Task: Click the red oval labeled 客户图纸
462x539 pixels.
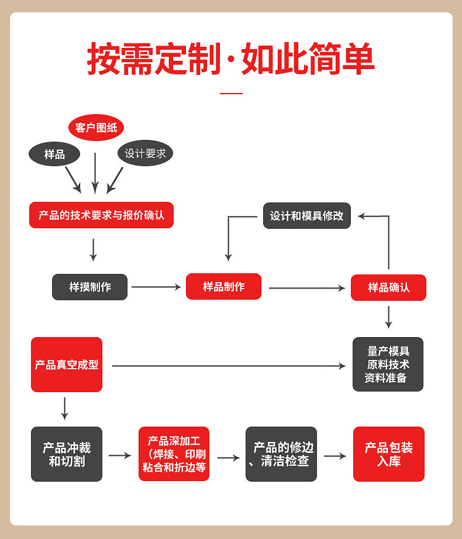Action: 96,128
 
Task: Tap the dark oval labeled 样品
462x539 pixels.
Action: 54,154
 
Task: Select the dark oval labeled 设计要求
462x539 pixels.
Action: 145,153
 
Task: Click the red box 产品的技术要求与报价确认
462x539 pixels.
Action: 101,215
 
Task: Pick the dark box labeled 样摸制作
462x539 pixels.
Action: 89,287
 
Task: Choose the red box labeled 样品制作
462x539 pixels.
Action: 223,286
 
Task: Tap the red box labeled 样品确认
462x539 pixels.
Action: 388,287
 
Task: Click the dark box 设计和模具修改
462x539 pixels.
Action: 306,215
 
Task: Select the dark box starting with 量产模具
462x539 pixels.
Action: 387,364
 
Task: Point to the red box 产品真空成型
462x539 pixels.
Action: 67,365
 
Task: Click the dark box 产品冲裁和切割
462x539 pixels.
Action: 67,454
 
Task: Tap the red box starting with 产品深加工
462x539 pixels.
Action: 174,454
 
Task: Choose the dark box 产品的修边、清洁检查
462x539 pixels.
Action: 281,454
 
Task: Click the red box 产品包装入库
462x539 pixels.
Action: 388,454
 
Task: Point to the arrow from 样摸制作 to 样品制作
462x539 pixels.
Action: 156,287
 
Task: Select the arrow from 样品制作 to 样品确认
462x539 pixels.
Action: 307,288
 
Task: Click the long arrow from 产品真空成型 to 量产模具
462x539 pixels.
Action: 229,366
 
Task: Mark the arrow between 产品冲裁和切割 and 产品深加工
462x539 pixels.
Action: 120,455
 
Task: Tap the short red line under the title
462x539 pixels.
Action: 231,94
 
